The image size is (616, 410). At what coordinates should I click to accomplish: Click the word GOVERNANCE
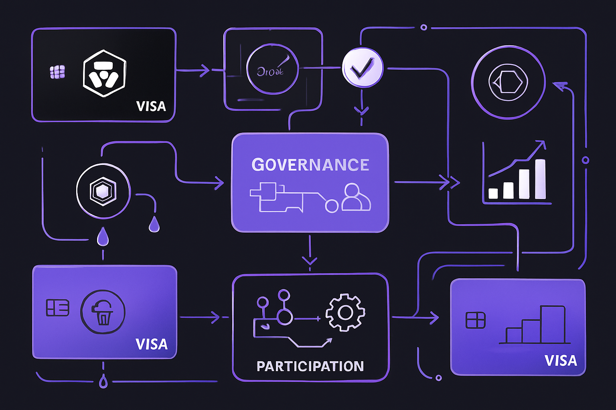click(x=310, y=165)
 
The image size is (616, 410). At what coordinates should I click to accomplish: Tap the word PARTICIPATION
click(x=310, y=366)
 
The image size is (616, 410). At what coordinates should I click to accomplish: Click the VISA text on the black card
click(x=151, y=106)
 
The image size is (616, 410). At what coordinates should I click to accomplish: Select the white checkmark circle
click(x=362, y=68)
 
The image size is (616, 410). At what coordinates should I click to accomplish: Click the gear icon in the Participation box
click(x=345, y=312)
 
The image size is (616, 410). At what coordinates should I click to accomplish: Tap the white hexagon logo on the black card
click(x=104, y=73)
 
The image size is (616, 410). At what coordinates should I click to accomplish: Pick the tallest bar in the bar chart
click(x=540, y=179)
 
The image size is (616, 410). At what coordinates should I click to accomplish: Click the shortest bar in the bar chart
click(x=493, y=193)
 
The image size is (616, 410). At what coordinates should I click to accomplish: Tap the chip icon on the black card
click(x=57, y=72)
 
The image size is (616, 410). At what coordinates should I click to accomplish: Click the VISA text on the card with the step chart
click(x=560, y=361)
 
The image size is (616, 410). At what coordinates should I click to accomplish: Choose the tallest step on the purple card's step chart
click(x=553, y=324)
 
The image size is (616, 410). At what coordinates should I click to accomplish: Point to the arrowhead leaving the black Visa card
click(x=205, y=70)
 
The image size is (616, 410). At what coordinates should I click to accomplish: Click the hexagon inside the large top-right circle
click(x=508, y=82)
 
